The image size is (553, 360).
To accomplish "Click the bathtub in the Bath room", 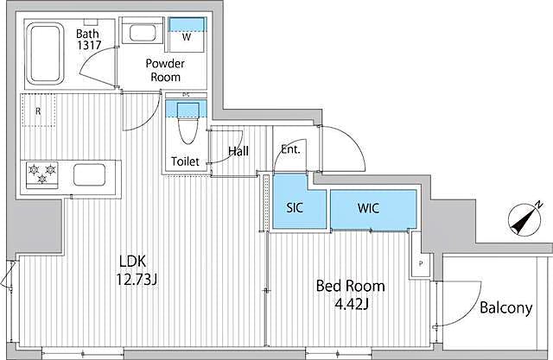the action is click(x=45, y=54).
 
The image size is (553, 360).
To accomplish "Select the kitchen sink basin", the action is click(x=89, y=174).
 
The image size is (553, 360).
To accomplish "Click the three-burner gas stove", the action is click(x=42, y=174).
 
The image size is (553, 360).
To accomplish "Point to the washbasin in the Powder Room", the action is click(x=143, y=33).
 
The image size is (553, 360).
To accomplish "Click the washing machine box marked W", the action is click(x=187, y=35).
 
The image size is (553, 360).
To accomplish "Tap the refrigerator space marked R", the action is click(x=38, y=110).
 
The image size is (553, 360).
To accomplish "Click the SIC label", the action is click(x=295, y=207).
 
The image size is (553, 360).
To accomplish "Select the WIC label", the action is click(x=368, y=208).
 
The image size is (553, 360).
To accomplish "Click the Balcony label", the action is click(x=505, y=308).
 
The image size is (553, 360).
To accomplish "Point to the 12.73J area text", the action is click(x=137, y=280).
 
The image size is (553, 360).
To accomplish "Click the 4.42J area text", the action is click(x=352, y=304).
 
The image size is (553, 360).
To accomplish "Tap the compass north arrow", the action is click(x=524, y=219).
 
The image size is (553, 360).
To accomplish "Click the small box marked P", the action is click(x=421, y=263).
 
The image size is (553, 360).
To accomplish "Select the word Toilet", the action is click(x=185, y=161).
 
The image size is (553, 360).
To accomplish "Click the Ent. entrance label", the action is click(x=290, y=149).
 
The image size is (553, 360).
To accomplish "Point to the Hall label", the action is click(x=238, y=151).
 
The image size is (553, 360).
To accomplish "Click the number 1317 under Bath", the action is click(x=89, y=45).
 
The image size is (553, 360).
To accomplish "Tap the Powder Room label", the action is click(x=165, y=70).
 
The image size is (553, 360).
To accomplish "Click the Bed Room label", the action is click(x=350, y=286).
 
